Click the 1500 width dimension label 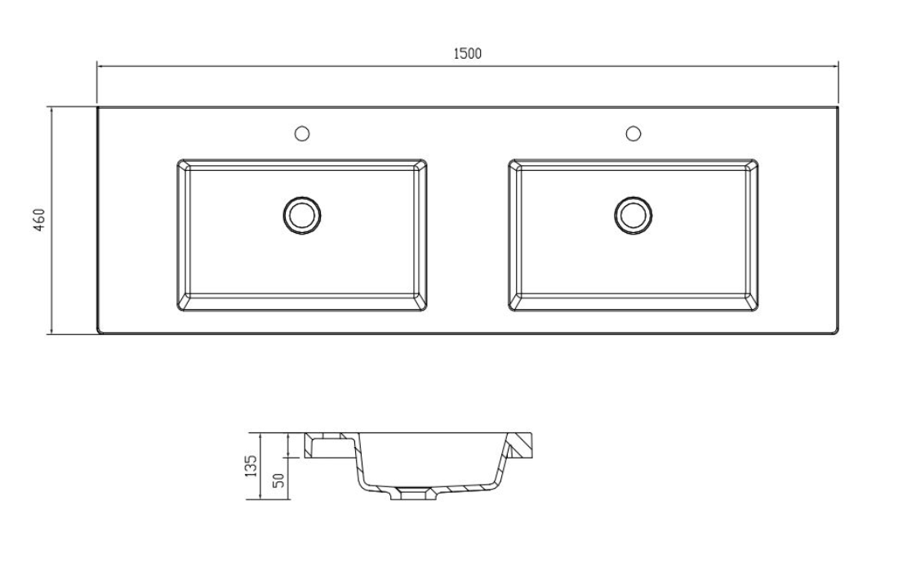tap(467, 54)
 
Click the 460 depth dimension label tap(38, 220)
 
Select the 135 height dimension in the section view tap(251, 467)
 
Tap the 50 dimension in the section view tap(278, 481)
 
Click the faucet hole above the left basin tap(301, 132)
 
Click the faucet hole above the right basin tap(633, 132)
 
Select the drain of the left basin tap(302, 215)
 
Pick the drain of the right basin tap(633, 215)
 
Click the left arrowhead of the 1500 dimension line tap(99, 65)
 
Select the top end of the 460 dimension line tap(51, 108)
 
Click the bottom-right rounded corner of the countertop tap(836, 330)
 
